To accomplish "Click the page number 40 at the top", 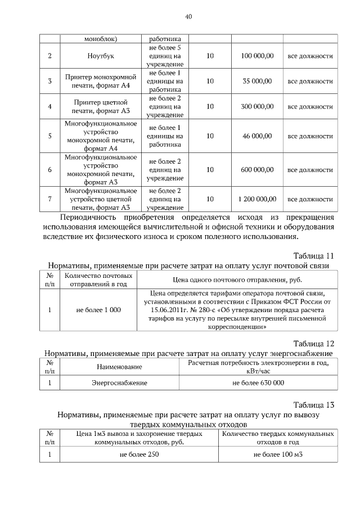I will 188,16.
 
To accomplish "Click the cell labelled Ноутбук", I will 101,56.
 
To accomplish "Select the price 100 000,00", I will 257,56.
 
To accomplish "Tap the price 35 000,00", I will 257,81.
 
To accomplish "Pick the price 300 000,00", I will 257,106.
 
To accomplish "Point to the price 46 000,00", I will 257,136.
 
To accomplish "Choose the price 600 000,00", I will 257,169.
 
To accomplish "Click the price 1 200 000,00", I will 257,199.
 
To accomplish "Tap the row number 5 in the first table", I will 50,136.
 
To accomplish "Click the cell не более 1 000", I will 98,310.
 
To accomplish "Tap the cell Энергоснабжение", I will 119,382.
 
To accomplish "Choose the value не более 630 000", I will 258,382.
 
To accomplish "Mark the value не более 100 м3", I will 278,454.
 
